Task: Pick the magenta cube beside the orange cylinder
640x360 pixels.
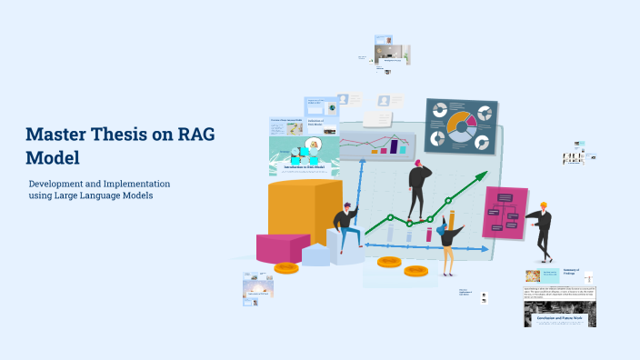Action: click(282, 247)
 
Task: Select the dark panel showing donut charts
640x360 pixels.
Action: click(460, 125)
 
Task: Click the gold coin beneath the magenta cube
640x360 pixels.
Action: click(285, 268)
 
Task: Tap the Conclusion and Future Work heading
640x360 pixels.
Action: click(559, 318)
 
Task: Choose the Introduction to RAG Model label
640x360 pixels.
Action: click(304, 168)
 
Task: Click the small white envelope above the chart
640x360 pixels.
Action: click(377, 119)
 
